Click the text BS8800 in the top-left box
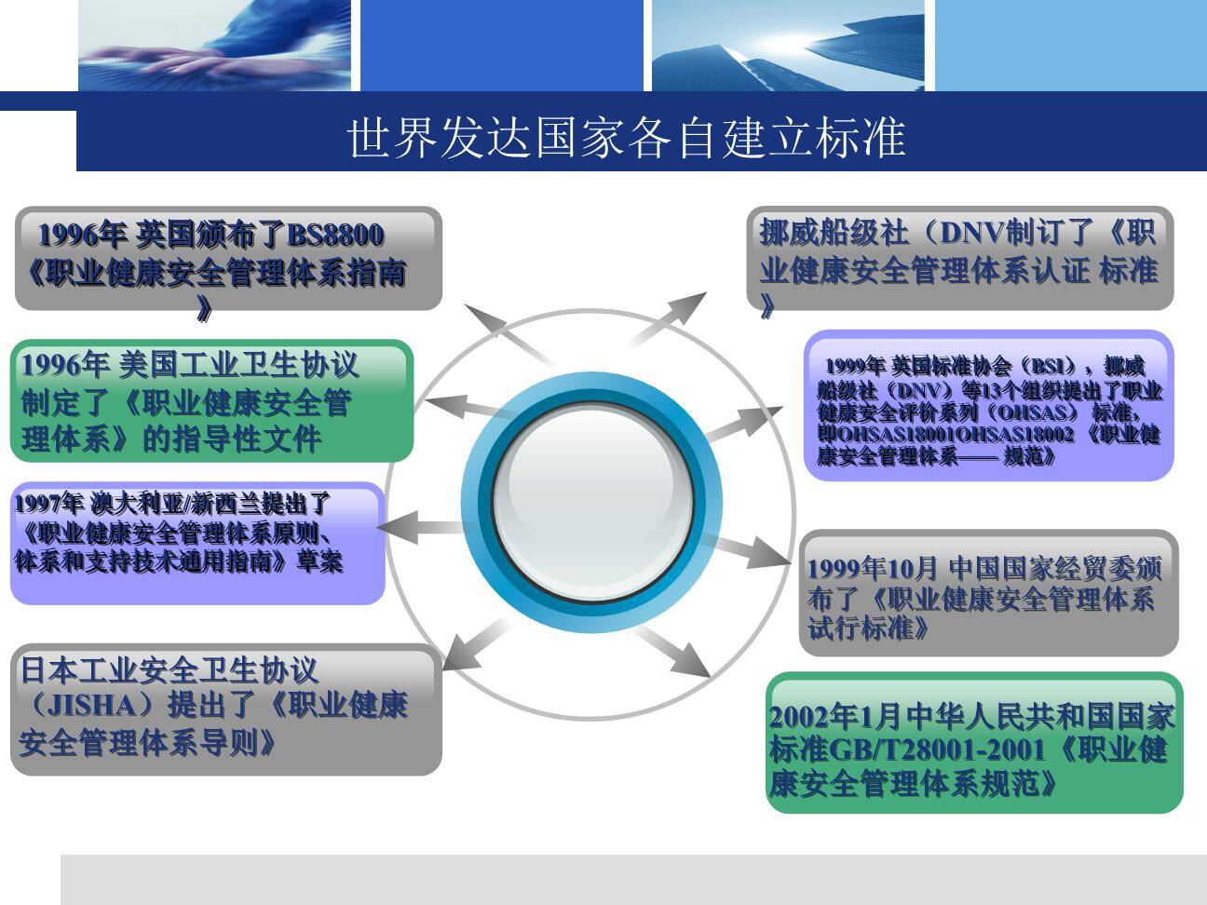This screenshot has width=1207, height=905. tap(335, 235)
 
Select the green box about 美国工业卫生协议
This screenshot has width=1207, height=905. tap(211, 401)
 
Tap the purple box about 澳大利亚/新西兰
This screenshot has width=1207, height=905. tap(197, 543)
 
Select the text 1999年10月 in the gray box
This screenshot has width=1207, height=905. tap(873, 568)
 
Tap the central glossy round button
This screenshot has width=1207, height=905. tap(591, 493)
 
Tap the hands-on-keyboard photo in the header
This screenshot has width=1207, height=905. tap(214, 45)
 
